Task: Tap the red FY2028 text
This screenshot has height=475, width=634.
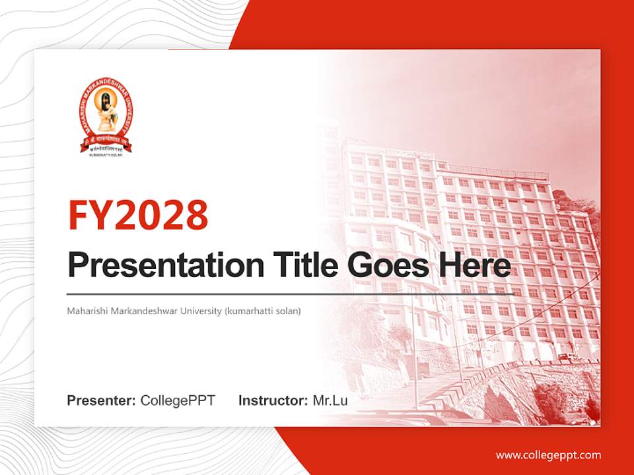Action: [x=138, y=214]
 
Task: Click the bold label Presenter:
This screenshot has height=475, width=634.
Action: [x=102, y=400]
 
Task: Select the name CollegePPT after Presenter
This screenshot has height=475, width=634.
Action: [x=178, y=400]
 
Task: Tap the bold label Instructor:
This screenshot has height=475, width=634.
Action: [x=273, y=400]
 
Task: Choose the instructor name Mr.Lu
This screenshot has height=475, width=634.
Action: [x=330, y=400]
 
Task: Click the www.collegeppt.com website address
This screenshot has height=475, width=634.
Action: [x=548, y=455]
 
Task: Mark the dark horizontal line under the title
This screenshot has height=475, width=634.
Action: [x=291, y=294]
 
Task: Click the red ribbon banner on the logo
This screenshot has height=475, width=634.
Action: [x=106, y=142]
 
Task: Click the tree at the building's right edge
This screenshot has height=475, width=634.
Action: [x=581, y=211]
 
